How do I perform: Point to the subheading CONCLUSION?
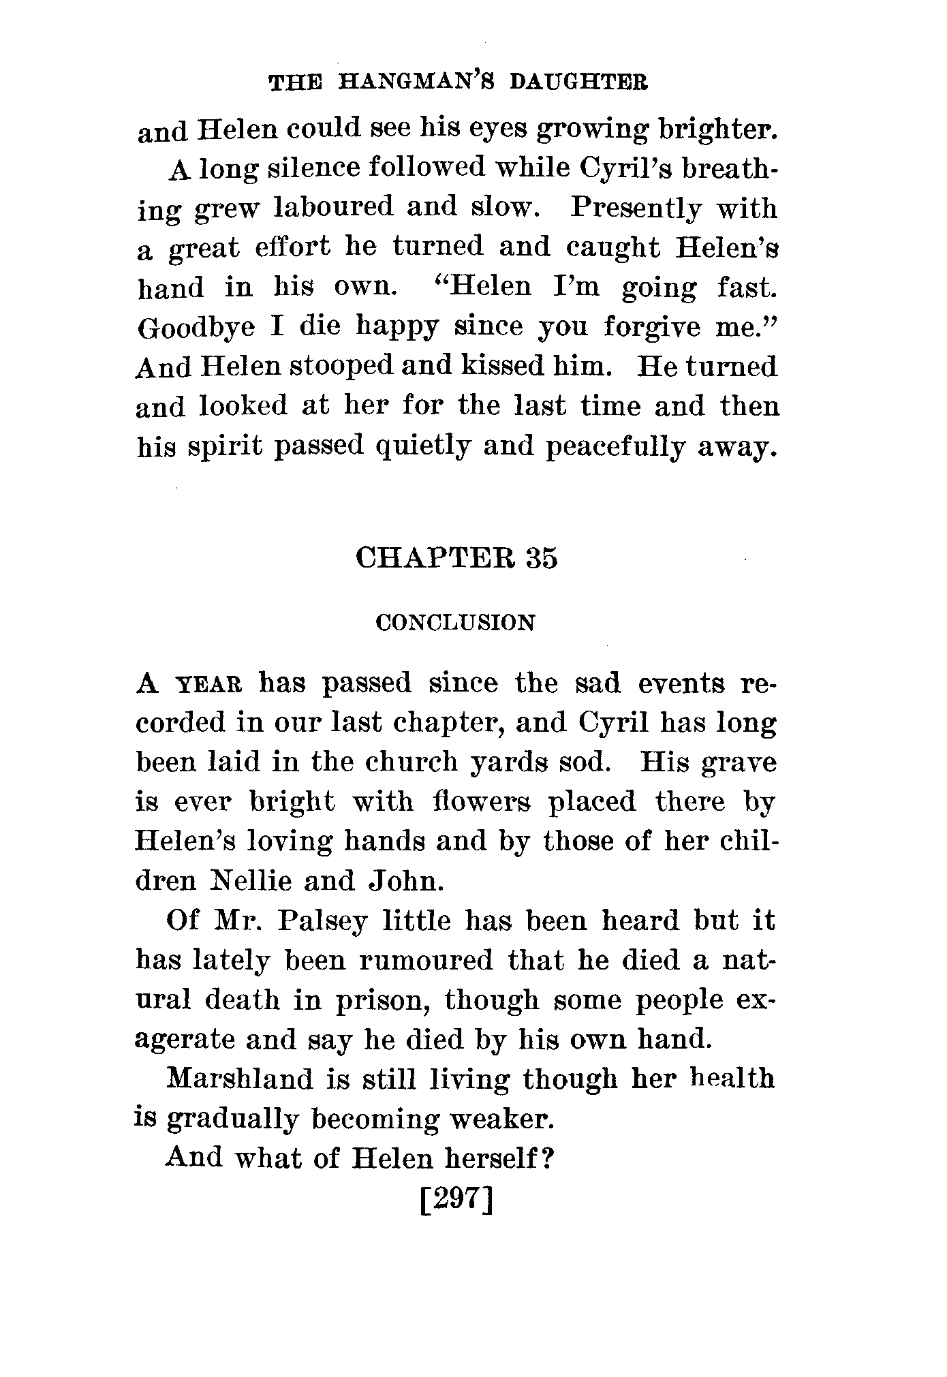(456, 623)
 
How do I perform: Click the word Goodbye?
(196, 328)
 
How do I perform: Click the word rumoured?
(425, 961)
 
